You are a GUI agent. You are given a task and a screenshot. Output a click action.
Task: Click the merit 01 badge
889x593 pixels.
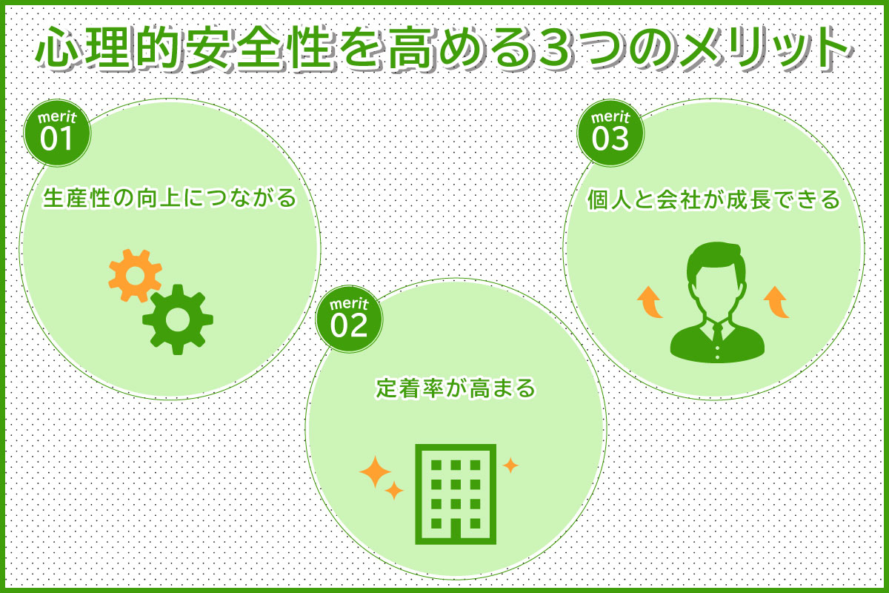[x=58, y=133]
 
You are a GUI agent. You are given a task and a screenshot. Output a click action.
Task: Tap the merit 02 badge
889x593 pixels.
[x=349, y=319]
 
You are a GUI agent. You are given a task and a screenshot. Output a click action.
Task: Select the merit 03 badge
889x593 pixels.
[x=610, y=133]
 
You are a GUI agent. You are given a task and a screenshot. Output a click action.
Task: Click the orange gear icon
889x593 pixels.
[x=136, y=275]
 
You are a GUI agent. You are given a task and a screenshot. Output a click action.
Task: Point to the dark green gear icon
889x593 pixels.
[x=178, y=319]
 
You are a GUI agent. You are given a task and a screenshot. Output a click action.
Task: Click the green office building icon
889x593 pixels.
[x=456, y=494]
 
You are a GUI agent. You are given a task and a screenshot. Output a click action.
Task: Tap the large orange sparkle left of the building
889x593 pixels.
[x=375, y=472]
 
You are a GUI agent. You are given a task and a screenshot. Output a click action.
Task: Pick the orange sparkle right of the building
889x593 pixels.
[x=510, y=465]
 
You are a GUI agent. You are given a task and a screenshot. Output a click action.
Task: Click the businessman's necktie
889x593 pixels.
[x=717, y=334]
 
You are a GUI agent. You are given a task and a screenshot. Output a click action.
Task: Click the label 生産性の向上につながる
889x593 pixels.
[x=170, y=198]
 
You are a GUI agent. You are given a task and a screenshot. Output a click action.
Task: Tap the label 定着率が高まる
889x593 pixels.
[x=456, y=388]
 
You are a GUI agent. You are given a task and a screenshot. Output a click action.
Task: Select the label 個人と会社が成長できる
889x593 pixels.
[x=714, y=199]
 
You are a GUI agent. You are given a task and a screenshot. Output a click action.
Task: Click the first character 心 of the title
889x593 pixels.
[x=58, y=47]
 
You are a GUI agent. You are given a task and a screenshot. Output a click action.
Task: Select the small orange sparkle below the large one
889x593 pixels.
[x=394, y=491]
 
